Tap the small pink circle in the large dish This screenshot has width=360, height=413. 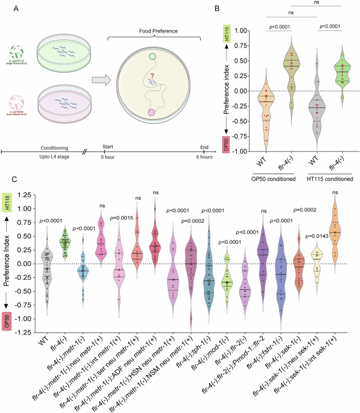point(151,112)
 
